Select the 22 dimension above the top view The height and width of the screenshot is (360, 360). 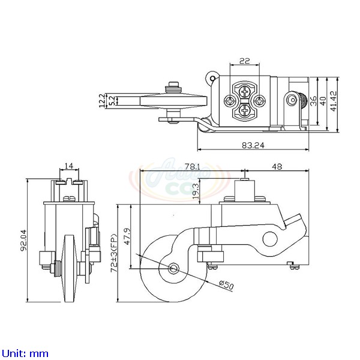click(244, 61)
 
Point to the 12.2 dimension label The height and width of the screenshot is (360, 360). click(103, 99)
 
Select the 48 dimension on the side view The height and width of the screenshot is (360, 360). click(276, 166)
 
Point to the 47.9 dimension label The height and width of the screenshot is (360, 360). click(126, 233)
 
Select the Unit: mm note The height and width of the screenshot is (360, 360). click(25, 353)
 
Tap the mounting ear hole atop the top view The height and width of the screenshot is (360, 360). click(211, 76)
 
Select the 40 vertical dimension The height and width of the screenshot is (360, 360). click(324, 100)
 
